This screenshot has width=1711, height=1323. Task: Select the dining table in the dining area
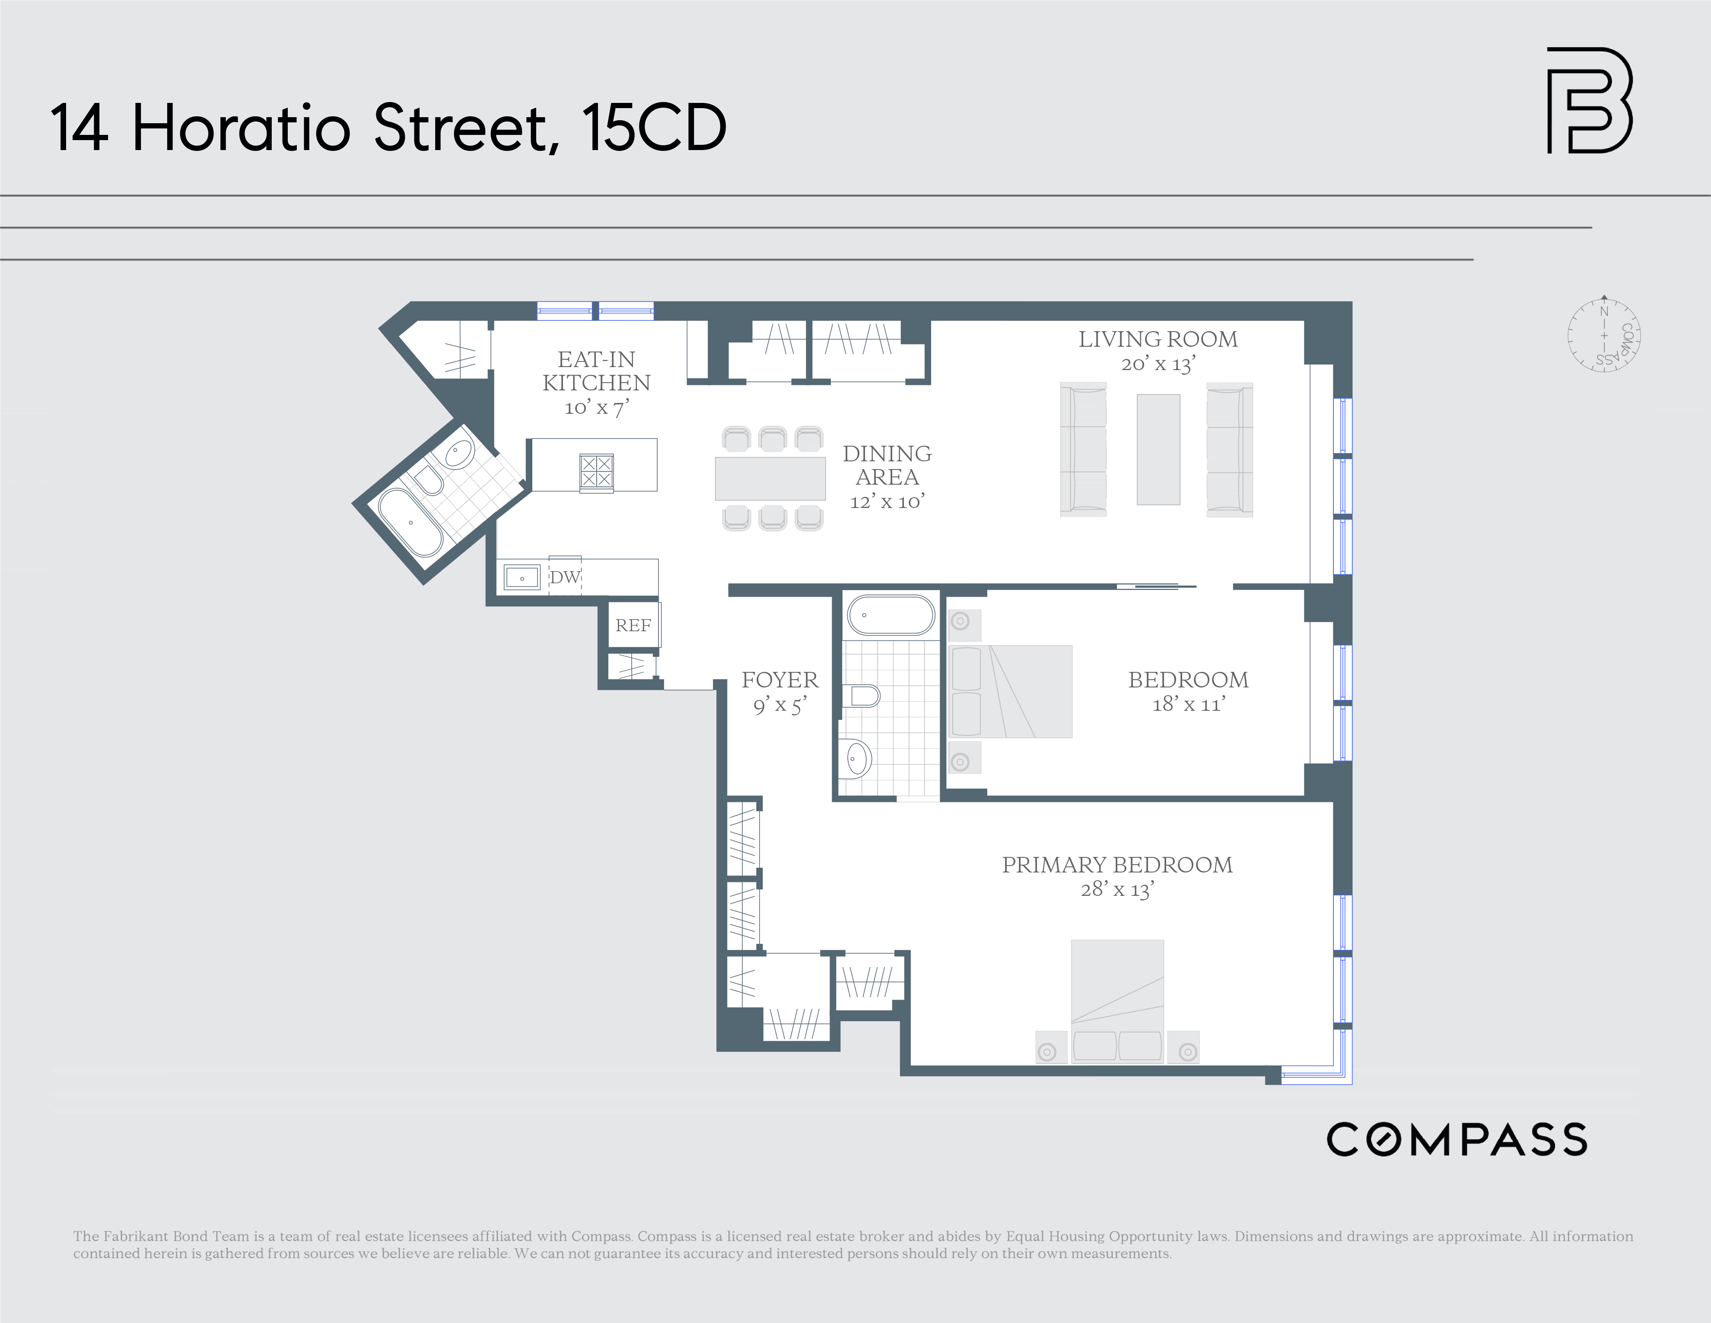(x=770, y=479)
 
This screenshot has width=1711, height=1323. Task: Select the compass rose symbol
(x=1604, y=336)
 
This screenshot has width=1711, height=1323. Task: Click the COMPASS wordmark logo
(x=1457, y=1140)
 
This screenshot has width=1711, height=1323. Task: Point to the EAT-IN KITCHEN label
(x=596, y=371)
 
